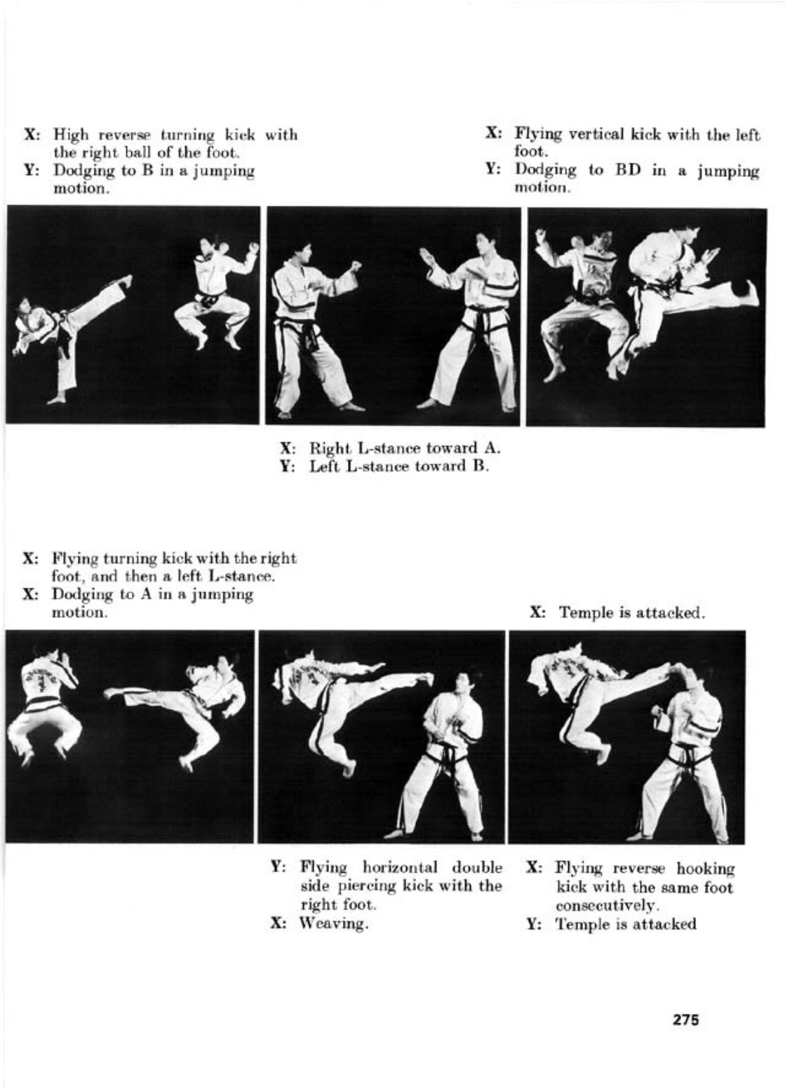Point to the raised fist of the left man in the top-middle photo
(356, 266)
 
